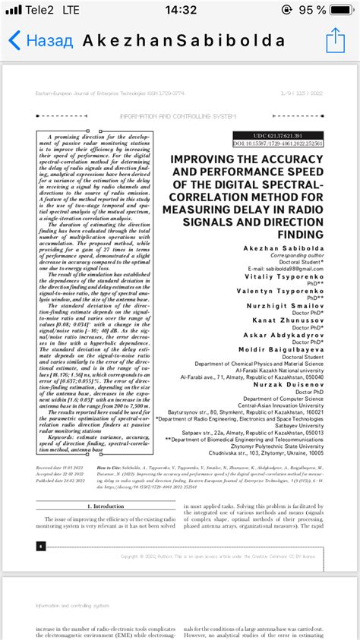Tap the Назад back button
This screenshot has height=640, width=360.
click(x=41, y=40)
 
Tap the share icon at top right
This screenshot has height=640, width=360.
click(x=335, y=39)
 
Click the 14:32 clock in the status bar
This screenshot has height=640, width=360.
click(x=179, y=10)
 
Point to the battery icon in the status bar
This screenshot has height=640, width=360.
click(x=342, y=10)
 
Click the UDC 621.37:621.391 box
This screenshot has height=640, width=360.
click(x=278, y=135)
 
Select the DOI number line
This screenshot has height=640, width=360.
click(x=277, y=143)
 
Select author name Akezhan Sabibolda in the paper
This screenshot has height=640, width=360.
click(x=281, y=248)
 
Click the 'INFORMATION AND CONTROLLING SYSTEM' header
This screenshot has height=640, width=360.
click(x=178, y=116)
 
